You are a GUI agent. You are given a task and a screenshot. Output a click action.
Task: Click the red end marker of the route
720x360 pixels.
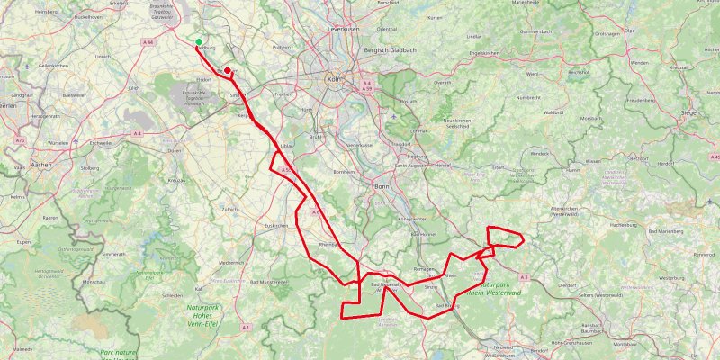228,71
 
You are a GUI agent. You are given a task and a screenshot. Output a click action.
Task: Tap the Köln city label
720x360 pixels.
333,78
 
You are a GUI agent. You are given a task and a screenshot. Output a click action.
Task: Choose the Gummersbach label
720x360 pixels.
534,31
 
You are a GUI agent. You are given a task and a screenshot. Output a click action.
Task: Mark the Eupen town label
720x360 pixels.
22,242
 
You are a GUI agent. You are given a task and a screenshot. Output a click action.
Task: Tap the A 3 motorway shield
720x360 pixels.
524,277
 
